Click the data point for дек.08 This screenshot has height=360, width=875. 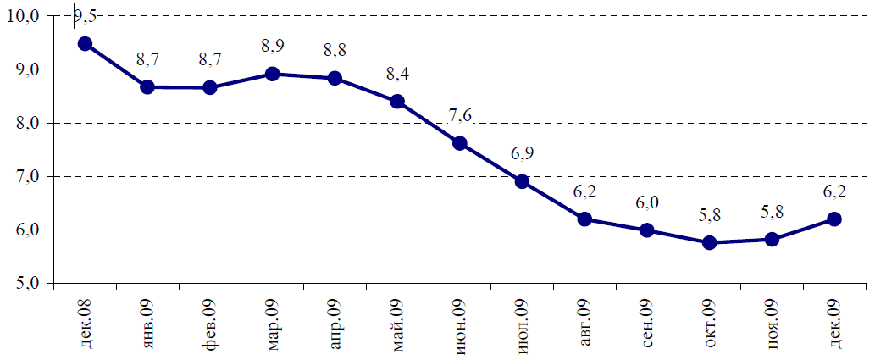(x=85, y=43)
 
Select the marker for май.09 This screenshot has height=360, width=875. (x=397, y=102)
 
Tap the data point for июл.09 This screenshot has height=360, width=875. (x=523, y=181)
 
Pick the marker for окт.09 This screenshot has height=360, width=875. (x=710, y=243)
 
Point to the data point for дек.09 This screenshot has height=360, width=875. (x=834, y=219)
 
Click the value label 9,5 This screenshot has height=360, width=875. (x=86, y=17)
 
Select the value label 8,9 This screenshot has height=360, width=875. (x=272, y=47)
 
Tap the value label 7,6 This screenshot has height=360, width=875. (x=460, y=117)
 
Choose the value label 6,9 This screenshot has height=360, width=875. (x=523, y=154)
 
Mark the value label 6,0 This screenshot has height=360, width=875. (x=647, y=203)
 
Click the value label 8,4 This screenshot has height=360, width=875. (x=397, y=75)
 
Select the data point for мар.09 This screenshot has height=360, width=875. (x=273, y=74)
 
